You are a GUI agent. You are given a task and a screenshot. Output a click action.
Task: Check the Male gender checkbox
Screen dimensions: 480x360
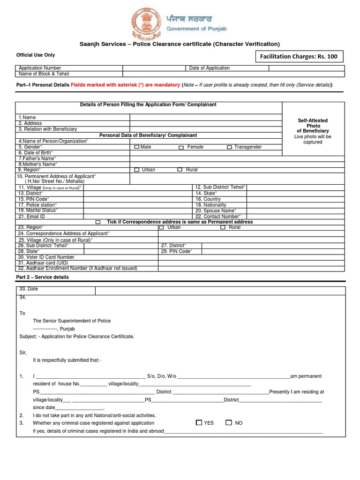click(136, 147)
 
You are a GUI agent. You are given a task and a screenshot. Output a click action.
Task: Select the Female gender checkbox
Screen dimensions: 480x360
click(181, 147)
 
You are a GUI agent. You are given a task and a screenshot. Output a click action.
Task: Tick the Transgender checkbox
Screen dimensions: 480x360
click(229, 147)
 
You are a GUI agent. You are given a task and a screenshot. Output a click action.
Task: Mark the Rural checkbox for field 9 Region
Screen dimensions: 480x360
click(180, 170)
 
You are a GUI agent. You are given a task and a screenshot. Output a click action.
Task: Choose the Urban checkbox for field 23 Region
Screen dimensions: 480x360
click(161, 227)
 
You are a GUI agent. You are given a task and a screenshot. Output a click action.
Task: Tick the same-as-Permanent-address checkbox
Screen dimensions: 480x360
click(98, 222)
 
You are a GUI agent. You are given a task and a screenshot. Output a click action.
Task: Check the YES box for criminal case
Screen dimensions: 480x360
click(199, 422)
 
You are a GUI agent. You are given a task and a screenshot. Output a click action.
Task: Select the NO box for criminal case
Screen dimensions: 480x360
click(229, 422)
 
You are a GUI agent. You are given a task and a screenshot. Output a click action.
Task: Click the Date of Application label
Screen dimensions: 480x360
click(209, 68)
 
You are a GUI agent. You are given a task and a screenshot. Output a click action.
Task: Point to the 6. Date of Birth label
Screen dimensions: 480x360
click(36, 153)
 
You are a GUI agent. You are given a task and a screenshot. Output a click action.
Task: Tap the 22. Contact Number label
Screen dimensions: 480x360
click(218, 217)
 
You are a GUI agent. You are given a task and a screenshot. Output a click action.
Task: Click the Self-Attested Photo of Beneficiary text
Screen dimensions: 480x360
click(313, 126)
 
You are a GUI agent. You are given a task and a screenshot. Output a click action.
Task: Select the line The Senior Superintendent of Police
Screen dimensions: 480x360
click(72, 321)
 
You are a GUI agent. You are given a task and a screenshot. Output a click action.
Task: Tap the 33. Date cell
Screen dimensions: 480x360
click(29, 289)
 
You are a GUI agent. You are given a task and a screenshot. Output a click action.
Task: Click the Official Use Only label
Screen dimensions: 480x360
click(36, 55)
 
